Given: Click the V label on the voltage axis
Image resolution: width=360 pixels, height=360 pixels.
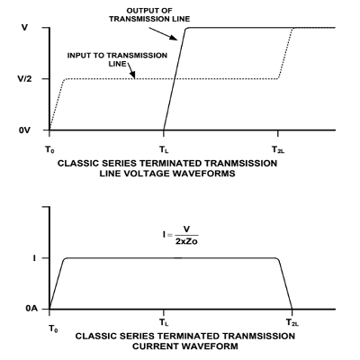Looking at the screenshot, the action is (24, 28).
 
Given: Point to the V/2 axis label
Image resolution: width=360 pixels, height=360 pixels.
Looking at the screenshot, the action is (24, 79).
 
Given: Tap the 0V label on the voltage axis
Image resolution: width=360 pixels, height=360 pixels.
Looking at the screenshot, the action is (24, 130).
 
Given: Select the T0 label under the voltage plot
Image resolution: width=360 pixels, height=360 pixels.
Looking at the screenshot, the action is (49, 149).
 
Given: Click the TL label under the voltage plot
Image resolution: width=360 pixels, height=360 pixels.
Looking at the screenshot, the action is (164, 149).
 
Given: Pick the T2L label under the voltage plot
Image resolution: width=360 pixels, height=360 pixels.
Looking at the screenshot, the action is (278, 149).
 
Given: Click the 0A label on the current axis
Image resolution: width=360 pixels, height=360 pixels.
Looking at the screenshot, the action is (31, 309).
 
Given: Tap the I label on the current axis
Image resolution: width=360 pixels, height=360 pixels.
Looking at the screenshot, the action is (34, 258).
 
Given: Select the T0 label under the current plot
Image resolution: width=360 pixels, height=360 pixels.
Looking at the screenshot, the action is (53, 328).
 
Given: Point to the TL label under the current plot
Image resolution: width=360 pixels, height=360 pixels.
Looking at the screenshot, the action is (164, 322).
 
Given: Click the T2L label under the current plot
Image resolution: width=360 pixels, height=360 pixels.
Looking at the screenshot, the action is (292, 322).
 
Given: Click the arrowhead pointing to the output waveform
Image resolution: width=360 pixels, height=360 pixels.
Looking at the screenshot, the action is (174, 38).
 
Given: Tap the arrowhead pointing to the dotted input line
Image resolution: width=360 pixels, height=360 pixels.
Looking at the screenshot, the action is (133, 75).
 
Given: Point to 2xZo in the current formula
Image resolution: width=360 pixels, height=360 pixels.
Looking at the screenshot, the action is (186, 241).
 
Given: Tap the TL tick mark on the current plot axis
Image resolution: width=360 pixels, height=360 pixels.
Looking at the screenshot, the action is (164, 312).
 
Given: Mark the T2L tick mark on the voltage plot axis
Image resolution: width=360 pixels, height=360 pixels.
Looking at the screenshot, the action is (278, 133).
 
